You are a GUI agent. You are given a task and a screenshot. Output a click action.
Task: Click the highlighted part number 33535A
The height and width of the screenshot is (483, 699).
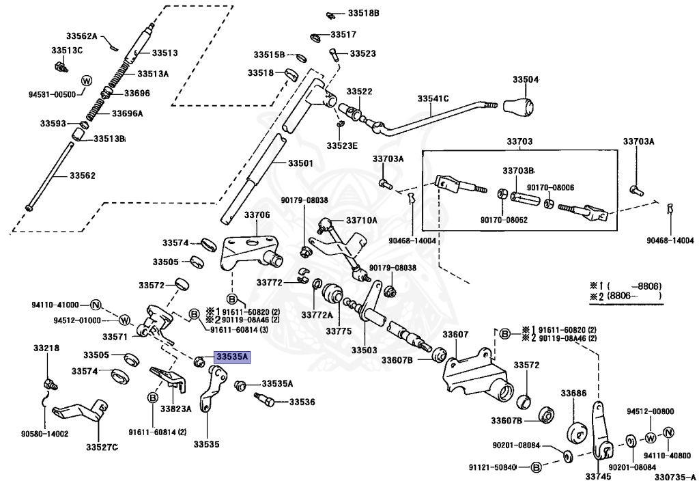click(233, 357)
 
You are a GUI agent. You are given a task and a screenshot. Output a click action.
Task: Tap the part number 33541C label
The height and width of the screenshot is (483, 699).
click(433, 98)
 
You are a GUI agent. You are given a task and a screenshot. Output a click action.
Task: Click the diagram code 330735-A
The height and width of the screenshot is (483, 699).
click(672, 478)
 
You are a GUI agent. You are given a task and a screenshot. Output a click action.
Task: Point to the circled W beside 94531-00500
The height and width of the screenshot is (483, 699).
click(86, 81)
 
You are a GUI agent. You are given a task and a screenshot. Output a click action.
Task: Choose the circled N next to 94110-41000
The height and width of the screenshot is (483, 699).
click(96, 305)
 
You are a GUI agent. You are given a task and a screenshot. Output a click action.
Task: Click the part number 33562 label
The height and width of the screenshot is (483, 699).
click(83, 176)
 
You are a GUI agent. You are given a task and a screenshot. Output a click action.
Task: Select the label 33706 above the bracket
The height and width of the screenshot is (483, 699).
click(257, 215)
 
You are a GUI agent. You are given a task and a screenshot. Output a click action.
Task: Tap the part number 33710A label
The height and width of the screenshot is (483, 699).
click(361, 220)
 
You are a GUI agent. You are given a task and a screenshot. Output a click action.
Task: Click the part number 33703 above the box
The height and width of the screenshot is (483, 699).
click(519, 141)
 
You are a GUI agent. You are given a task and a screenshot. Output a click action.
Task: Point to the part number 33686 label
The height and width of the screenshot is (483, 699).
click(574, 394)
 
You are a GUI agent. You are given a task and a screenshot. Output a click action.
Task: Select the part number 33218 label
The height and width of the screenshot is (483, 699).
click(46, 348)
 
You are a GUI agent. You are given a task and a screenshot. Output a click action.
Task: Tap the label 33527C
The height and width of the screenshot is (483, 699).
click(102, 447)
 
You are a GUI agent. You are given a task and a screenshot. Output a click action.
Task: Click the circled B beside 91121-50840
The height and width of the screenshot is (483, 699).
click(536, 467)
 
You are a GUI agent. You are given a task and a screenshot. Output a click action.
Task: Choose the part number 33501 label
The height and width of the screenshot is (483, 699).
click(300, 163)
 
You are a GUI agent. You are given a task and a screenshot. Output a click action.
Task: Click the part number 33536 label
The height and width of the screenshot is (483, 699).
click(302, 402)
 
